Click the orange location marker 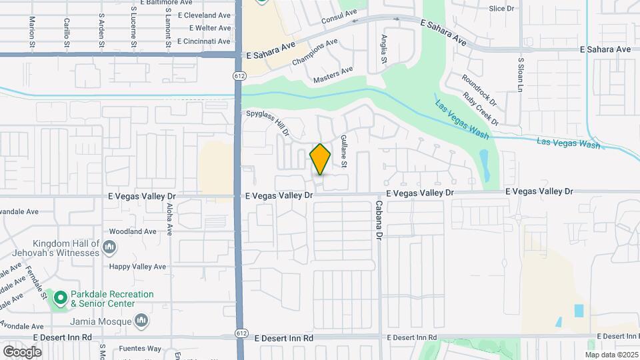tap(320, 159)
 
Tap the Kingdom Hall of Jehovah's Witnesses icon tap(110, 249)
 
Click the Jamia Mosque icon tap(141, 322)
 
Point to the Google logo tap(22, 351)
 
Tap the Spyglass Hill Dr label tap(266, 123)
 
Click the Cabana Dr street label tap(378, 220)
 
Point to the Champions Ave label tap(315, 53)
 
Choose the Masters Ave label tap(333, 75)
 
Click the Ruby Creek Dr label tap(481, 107)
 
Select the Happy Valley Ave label tap(137, 267)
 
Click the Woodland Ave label tap(133, 231)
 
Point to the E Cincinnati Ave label tap(199, 41)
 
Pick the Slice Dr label tap(502, 9)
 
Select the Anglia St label tap(384, 49)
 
